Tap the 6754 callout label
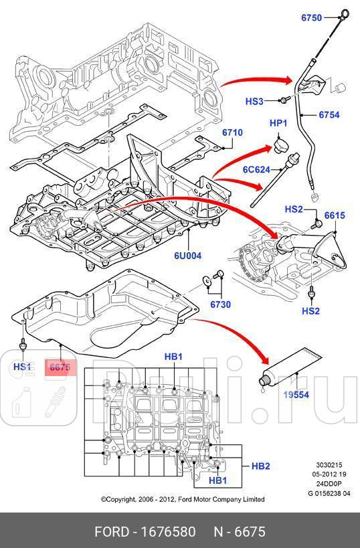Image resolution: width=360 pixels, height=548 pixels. tap(329, 115)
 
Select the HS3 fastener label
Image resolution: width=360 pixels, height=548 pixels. tap(254, 102)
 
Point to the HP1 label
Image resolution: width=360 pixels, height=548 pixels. tap(278, 123)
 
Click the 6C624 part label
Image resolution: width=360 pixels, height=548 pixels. tap(256, 170)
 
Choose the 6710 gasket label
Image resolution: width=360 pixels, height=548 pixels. tap(232, 132)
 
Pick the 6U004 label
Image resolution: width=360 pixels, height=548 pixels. tap(188, 255)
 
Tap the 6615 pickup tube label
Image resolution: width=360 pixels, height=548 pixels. tap(335, 215)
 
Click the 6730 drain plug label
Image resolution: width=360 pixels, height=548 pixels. tap(220, 304)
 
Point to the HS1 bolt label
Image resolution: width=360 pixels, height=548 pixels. tap(23, 367)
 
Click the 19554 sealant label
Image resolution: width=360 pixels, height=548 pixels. tap(295, 395)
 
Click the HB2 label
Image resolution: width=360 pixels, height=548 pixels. tap(260, 466)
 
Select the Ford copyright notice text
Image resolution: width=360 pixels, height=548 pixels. tap(182, 499)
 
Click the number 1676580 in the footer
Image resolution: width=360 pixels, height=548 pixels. tap(165, 532)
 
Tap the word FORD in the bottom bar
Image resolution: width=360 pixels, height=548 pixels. tap(111, 532)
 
